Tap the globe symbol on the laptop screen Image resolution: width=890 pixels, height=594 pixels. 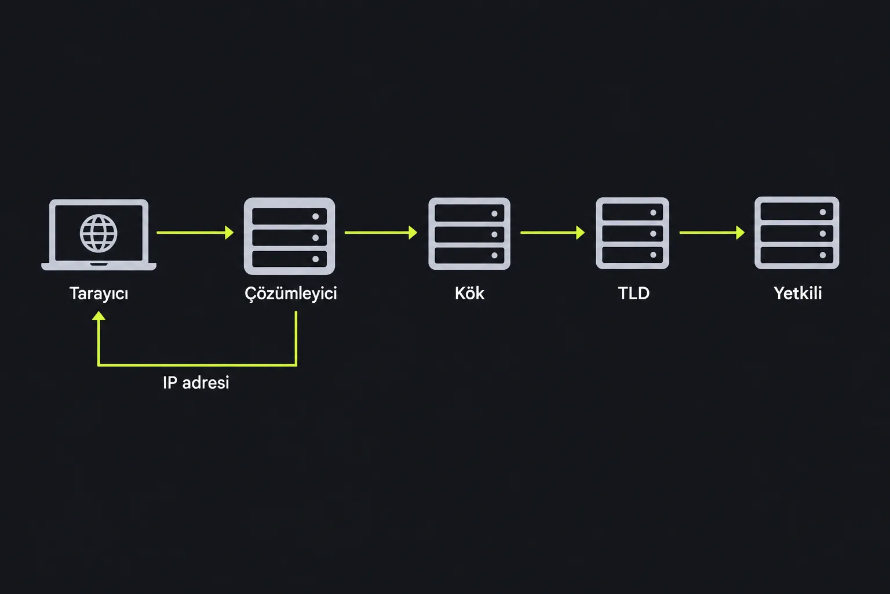pos(99,233)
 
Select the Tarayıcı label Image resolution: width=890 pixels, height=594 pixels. pos(99,294)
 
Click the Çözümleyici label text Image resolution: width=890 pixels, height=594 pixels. pos(290,294)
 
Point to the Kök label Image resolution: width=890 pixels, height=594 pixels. pos(469,294)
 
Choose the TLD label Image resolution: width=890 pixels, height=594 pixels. pos(634,294)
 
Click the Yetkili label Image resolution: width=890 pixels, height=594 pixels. pos(797,294)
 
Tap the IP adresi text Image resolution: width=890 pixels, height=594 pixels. pos(196,383)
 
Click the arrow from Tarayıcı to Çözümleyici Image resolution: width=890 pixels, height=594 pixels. pos(195,233)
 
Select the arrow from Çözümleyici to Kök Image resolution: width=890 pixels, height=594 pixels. pos(381,233)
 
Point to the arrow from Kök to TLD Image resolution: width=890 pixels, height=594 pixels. pos(553,233)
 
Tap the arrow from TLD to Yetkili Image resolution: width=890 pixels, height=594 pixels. pos(712,233)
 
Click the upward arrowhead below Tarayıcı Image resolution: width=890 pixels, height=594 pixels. pos(99,316)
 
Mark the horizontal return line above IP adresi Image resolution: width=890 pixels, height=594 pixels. pos(197,365)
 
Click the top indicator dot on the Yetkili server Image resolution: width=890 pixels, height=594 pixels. pos(823,212)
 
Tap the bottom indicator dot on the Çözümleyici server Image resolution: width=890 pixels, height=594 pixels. pos(315,259)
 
